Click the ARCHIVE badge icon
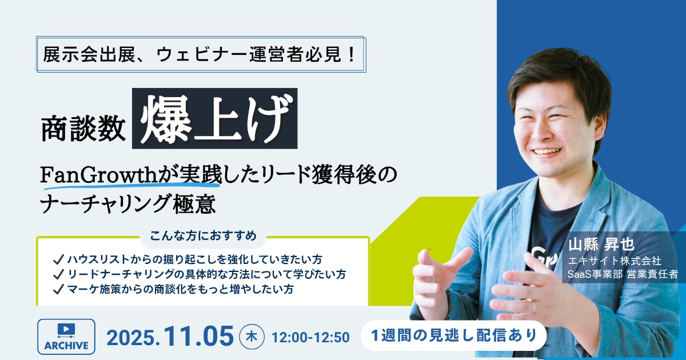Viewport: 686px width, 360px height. pyautogui.click(x=66, y=337)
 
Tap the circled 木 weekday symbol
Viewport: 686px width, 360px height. pyautogui.click(x=252, y=337)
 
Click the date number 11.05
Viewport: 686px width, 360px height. pyautogui.click(x=199, y=337)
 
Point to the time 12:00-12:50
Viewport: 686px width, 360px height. pyautogui.click(x=310, y=337)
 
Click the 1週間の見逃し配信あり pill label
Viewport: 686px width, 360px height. pyautogui.click(x=453, y=335)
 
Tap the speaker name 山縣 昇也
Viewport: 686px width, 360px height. pyautogui.click(x=601, y=245)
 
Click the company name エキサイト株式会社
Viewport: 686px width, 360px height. pyautogui.click(x=615, y=261)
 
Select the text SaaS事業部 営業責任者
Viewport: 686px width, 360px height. pyautogui.click(x=623, y=274)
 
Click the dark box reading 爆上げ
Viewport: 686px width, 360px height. pyautogui.click(x=215, y=118)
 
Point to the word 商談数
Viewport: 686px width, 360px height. pyautogui.click(x=83, y=128)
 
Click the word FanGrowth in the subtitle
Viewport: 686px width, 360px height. pyautogui.click(x=98, y=175)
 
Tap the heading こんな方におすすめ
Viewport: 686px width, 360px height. pyautogui.click(x=203, y=236)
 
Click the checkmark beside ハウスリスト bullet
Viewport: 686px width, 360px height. pyautogui.click(x=58, y=259)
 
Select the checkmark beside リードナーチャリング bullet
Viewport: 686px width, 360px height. pyautogui.click(x=58, y=274)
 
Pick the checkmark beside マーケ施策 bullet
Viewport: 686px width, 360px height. pyautogui.click(x=58, y=289)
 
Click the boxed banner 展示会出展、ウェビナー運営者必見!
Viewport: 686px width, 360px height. pyautogui.click(x=201, y=54)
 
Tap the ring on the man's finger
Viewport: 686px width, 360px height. pyautogui.click(x=533, y=306)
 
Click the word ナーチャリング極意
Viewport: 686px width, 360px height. pyautogui.click(x=128, y=204)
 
